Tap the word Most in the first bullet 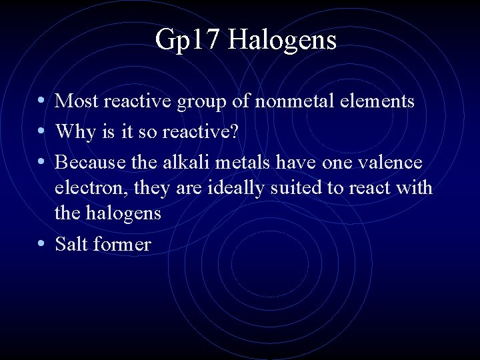coord(75,101)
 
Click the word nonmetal coord(306,101)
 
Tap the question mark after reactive coord(233,131)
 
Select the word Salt coord(72,243)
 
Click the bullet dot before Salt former coord(42,243)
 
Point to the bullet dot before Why coord(42,131)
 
